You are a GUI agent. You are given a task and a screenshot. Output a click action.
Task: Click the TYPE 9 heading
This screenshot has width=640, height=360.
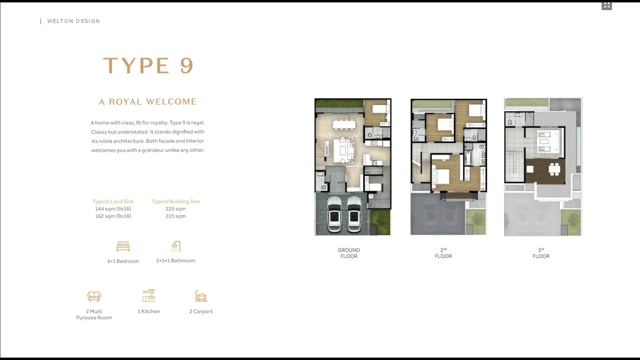[x=148, y=66]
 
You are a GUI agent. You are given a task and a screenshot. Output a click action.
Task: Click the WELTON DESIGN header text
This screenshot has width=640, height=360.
[x=74, y=21]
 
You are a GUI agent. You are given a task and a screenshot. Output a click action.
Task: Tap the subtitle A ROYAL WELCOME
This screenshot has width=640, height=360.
[x=148, y=102]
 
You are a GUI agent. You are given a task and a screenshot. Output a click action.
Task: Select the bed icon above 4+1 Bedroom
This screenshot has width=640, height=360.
[x=123, y=246]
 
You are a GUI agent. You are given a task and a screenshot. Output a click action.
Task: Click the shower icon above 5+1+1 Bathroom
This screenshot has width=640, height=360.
[x=176, y=246]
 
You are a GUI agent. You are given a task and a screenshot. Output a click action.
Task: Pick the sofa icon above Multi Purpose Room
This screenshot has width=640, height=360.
[x=94, y=296]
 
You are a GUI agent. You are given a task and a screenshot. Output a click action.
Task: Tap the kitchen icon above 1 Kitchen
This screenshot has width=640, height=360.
[x=149, y=296]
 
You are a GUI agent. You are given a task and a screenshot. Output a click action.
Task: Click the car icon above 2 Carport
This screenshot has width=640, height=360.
[x=201, y=296]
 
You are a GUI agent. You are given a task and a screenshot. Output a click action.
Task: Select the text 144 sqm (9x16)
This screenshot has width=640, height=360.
[x=113, y=209]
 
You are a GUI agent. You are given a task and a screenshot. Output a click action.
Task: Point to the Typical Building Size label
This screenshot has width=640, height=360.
[x=176, y=202]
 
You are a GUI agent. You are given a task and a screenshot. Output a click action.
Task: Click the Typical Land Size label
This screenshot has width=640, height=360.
[x=113, y=202]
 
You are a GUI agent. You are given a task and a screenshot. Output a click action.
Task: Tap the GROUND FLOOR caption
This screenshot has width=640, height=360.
[x=349, y=253]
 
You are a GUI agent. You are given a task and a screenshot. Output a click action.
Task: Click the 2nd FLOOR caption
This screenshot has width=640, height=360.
[x=443, y=253]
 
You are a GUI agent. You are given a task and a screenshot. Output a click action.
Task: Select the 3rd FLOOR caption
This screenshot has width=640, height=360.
[x=541, y=253]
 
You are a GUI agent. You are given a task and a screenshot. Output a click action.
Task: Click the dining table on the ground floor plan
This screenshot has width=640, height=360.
[x=344, y=124]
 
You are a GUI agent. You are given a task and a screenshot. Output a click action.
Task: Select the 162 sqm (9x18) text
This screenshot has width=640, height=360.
[x=113, y=216]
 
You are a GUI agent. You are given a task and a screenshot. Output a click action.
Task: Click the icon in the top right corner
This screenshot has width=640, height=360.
[x=607, y=6]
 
